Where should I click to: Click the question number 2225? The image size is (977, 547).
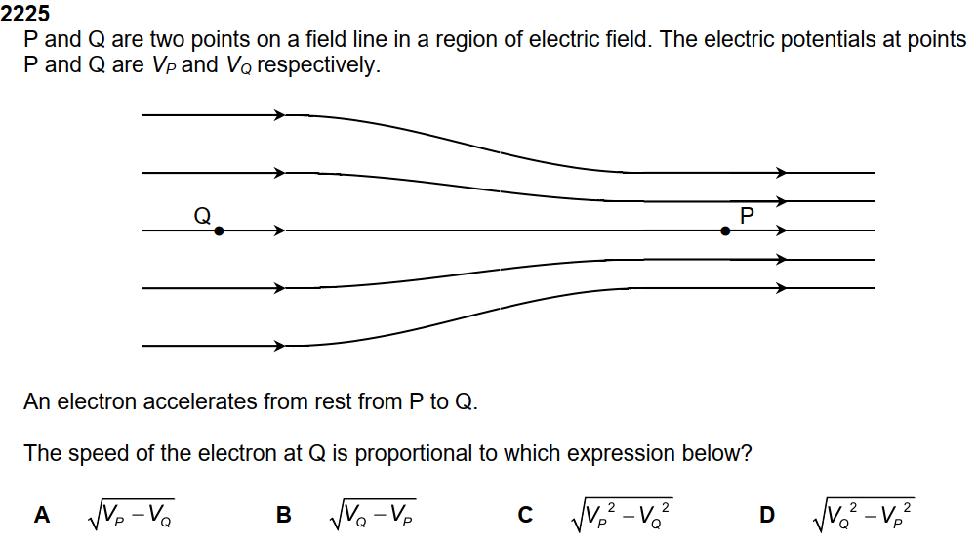click(25, 15)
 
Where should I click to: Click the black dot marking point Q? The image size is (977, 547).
click(219, 231)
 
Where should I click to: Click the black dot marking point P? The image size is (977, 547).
click(725, 231)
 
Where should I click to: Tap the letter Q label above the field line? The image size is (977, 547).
click(203, 216)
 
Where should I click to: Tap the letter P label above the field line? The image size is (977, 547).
click(747, 215)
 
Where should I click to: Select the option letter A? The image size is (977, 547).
click(42, 515)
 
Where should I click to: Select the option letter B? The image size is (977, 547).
click(284, 515)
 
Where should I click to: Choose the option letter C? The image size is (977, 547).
click(526, 515)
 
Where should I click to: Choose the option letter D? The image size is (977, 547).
click(767, 515)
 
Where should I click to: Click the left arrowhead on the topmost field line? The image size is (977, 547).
click(279, 115)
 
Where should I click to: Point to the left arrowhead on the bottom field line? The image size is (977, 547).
click(279, 346)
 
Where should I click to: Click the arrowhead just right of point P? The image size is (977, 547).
click(780, 231)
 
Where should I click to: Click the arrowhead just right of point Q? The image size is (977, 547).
click(279, 231)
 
